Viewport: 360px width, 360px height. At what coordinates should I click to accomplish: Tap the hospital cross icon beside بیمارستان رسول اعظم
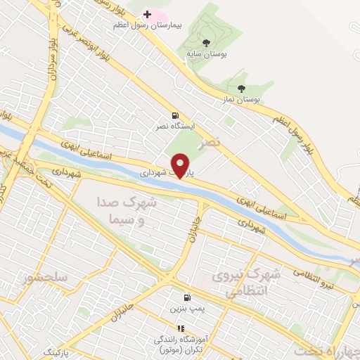point(147,14)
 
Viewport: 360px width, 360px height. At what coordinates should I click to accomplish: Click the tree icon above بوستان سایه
point(206,43)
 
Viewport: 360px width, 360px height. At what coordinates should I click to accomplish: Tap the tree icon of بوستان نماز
point(242,89)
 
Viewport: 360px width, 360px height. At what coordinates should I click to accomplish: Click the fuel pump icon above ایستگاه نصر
point(174,116)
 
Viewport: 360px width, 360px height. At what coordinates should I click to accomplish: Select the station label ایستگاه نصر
point(175,127)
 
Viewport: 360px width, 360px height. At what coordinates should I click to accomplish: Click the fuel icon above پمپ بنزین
point(187,298)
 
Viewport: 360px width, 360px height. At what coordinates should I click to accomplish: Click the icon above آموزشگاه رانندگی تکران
point(181,328)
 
